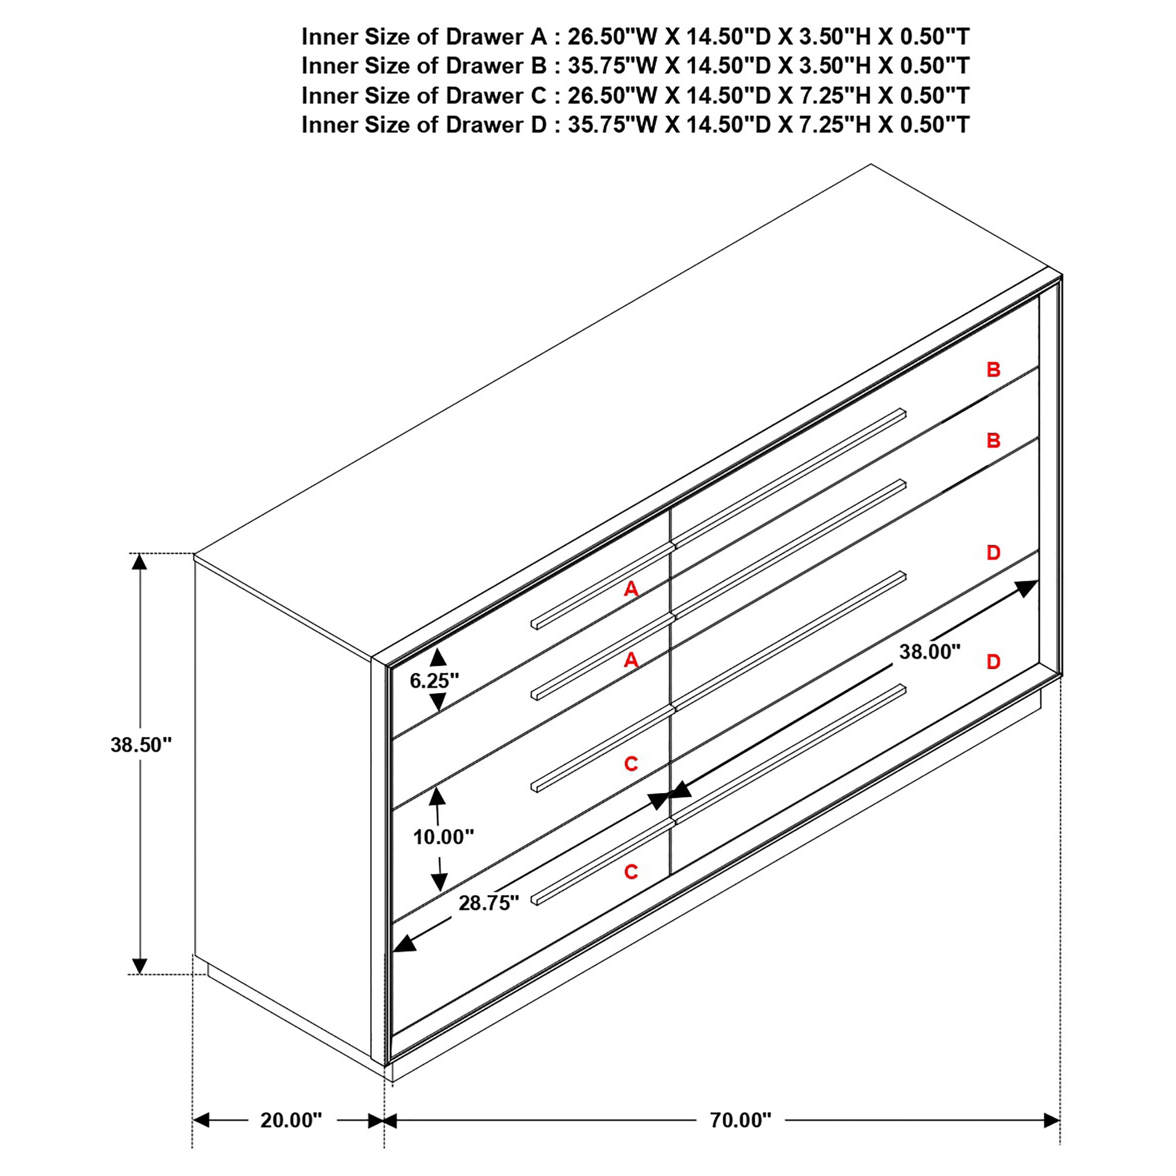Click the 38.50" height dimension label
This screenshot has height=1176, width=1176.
coord(141,745)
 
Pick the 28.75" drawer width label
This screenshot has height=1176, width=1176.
coord(489,903)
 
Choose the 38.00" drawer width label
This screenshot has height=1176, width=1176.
coord(930,652)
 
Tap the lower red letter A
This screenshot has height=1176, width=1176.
coord(631,660)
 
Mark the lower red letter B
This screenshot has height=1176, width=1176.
coord(993,440)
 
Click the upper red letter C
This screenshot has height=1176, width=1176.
coord(631,763)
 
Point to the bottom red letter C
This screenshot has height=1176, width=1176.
coord(631,872)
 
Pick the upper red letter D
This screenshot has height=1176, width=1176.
coord(993,553)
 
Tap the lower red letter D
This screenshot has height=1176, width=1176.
coord(993,662)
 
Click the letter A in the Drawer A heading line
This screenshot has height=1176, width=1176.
coord(539,37)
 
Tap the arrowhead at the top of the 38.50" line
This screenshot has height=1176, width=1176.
coord(140,561)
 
